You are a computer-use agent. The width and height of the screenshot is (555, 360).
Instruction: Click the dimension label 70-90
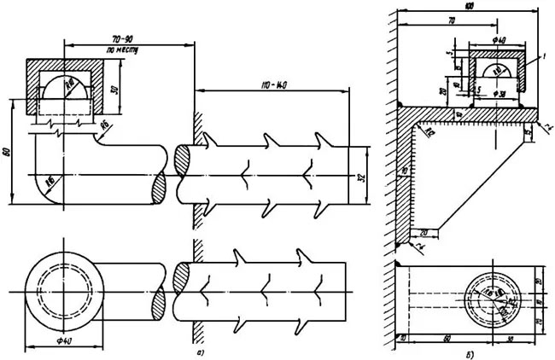point(128,39)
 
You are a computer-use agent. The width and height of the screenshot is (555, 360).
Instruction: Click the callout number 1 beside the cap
point(540,55)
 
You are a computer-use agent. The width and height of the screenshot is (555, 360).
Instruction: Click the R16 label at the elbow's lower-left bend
point(52,180)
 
